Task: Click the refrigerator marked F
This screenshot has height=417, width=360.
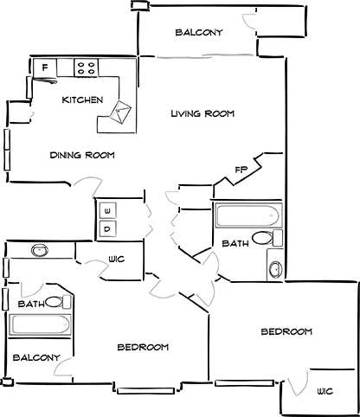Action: tap(44, 67)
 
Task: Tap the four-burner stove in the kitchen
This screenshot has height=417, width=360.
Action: tap(86, 66)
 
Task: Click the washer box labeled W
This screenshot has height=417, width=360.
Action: tap(108, 210)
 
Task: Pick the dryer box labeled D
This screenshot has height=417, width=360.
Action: tap(108, 229)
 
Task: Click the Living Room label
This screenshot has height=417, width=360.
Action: tap(202, 114)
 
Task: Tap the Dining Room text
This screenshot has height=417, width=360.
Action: tap(83, 156)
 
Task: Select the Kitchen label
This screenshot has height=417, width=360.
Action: tap(83, 100)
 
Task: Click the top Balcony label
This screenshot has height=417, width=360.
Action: tap(199, 33)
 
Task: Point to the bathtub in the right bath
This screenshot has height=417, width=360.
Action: tap(247, 215)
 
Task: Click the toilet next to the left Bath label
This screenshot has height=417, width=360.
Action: tap(57, 303)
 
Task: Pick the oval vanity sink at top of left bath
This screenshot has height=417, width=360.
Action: tap(39, 251)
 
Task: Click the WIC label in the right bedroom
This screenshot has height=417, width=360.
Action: tap(325, 391)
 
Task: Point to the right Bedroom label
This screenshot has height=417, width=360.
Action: tap(286, 332)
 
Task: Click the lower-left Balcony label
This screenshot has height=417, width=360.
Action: tap(36, 357)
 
